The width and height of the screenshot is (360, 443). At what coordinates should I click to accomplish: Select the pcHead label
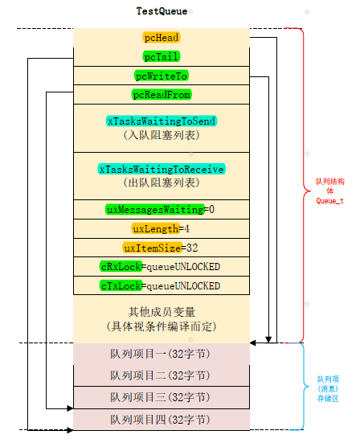[161, 38]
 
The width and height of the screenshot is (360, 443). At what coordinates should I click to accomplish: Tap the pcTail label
[161, 56]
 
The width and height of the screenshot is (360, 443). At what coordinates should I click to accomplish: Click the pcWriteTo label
[161, 76]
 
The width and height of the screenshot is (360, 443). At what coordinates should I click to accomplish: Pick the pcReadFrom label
[161, 95]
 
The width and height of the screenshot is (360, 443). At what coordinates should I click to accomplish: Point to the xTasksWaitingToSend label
[161, 121]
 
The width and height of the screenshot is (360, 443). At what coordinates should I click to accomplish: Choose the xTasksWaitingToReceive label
[161, 170]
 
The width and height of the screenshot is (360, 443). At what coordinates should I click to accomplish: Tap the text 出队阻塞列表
[161, 183]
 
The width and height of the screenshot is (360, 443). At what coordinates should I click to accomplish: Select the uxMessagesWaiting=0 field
[161, 209]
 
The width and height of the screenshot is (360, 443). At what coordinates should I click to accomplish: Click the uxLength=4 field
[161, 228]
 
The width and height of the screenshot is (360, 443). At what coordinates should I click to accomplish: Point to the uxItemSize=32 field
[161, 248]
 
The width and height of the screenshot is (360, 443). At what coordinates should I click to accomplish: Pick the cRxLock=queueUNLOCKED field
[161, 266]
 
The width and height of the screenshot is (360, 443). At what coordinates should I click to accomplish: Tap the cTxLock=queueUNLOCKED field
[161, 285]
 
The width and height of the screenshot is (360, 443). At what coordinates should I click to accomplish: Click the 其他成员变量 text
[161, 312]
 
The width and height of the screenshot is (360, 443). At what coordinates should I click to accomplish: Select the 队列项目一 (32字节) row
[161, 354]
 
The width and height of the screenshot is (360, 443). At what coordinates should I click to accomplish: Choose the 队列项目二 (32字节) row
[161, 375]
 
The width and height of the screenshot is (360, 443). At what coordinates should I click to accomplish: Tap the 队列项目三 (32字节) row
[161, 397]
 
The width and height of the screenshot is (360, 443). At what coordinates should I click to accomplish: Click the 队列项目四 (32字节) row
[161, 419]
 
